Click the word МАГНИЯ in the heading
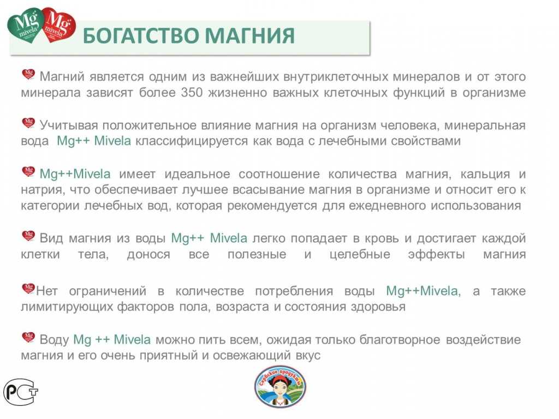250,36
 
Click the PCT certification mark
21,391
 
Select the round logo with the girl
279,387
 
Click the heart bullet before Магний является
28,74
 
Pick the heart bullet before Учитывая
28,123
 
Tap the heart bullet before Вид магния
28,236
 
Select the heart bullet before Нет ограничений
28,288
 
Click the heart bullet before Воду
28,337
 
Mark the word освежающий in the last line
243,356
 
